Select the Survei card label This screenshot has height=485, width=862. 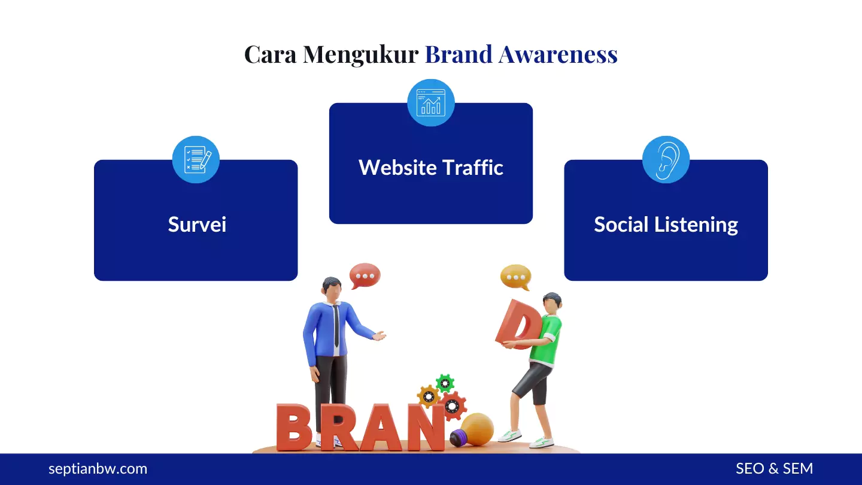pos(197,225)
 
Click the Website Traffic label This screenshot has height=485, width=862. pos(431,168)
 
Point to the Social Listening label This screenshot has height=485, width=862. pos(666,225)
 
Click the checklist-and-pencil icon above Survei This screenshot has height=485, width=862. pos(196,159)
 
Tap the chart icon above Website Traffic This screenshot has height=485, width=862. pos(431,103)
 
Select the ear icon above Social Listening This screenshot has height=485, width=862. pos(666,159)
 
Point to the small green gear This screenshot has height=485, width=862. pos(445,383)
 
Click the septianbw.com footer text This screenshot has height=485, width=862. pos(98,469)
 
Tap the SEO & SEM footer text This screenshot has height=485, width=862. pos(774,469)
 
